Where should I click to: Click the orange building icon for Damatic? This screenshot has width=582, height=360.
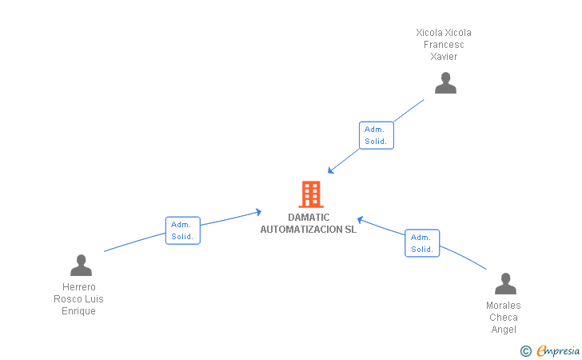click(x=310, y=194)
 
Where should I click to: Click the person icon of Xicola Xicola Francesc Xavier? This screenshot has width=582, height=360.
click(x=445, y=83)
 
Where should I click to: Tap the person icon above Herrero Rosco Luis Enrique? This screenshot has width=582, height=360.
click(x=81, y=265)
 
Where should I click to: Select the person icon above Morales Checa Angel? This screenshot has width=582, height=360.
click(x=505, y=284)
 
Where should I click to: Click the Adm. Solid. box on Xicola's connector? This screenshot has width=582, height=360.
click(x=376, y=135)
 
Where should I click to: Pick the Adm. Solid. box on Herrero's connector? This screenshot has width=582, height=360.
click(x=182, y=230)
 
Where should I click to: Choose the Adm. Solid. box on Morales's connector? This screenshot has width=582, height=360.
click(x=422, y=243)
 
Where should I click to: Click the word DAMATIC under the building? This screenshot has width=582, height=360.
click(x=309, y=218)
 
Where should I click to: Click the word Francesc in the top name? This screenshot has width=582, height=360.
click(x=444, y=45)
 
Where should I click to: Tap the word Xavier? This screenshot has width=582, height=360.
click(x=444, y=57)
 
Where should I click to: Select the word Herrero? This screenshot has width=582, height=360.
click(x=78, y=287)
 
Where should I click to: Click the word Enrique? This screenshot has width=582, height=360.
click(x=78, y=311)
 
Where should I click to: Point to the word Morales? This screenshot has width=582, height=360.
click(x=504, y=306)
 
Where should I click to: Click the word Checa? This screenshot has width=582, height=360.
click(x=504, y=318)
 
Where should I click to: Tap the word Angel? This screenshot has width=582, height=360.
click(x=504, y=330)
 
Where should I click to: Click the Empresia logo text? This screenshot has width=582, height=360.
click(x=559, y=350)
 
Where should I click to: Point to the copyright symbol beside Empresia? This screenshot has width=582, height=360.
click(x=525, y=350)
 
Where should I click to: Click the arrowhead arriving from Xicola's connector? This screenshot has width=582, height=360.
click(x=331, y=170)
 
